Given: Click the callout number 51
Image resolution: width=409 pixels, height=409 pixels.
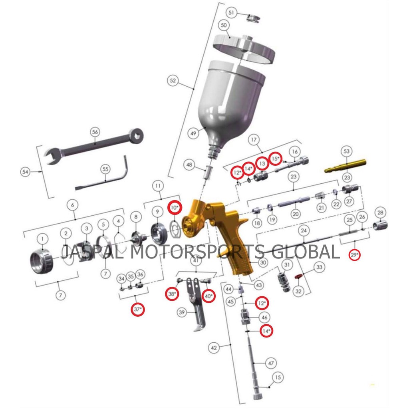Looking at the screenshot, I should [230, 12].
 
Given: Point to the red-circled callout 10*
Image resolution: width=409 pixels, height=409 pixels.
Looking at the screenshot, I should [175, 208].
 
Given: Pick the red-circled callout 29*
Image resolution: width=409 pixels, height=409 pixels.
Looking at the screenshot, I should [354, 254].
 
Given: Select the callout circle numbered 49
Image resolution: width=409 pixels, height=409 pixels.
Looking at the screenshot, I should [194, 133].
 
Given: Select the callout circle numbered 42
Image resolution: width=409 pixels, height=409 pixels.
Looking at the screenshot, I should [214, 348].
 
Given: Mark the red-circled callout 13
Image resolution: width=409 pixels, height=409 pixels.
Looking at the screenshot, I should [262, 163].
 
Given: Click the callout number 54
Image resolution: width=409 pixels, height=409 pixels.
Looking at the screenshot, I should [26, 172].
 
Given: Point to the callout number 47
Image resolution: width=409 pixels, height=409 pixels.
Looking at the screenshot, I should [271, 363].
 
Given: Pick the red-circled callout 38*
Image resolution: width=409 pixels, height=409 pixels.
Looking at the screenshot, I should [172, 294].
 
